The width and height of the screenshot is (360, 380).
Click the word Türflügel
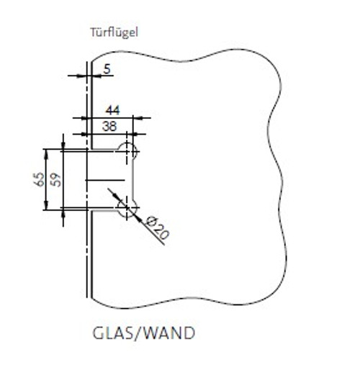coord(114,32)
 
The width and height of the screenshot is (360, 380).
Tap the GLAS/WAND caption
coord(144,333)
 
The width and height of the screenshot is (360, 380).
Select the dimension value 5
coord(107,69)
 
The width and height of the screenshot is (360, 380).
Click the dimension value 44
coord(112,111)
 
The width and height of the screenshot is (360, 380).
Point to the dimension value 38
coord(109,127)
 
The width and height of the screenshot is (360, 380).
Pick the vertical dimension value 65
coord(39,179)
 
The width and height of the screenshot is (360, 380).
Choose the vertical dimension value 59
coord(56,179)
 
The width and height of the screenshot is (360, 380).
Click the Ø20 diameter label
coord(157,227)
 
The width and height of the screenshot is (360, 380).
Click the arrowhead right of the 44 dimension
coord(138,118)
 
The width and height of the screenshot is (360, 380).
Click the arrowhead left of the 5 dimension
coord(81,76)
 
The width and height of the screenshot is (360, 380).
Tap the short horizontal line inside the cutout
coord(105,180)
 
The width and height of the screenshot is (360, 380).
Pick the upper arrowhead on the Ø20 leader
coord(120,199)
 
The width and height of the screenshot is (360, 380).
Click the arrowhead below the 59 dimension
coord(63,214)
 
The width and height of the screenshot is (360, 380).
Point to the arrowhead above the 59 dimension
coord(63,145)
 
